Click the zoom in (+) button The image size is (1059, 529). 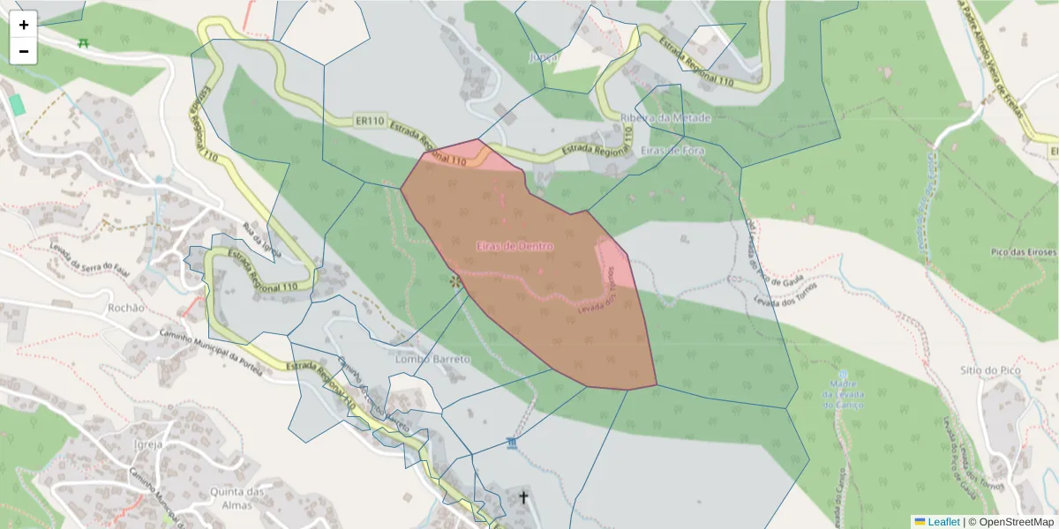[x=24, y=25]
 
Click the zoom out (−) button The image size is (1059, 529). [x=24, y=51]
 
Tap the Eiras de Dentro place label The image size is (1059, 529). [x=514, y=246]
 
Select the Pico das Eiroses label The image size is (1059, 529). [x=1023, y=252]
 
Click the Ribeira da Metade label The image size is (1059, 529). [x=666, y=118]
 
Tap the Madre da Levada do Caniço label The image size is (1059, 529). [x=843, y=393]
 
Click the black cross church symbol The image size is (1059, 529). [x=522, y=497]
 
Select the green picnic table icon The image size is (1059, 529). [x=83, y=42]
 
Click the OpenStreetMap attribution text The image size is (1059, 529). [x=1014, y=522]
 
